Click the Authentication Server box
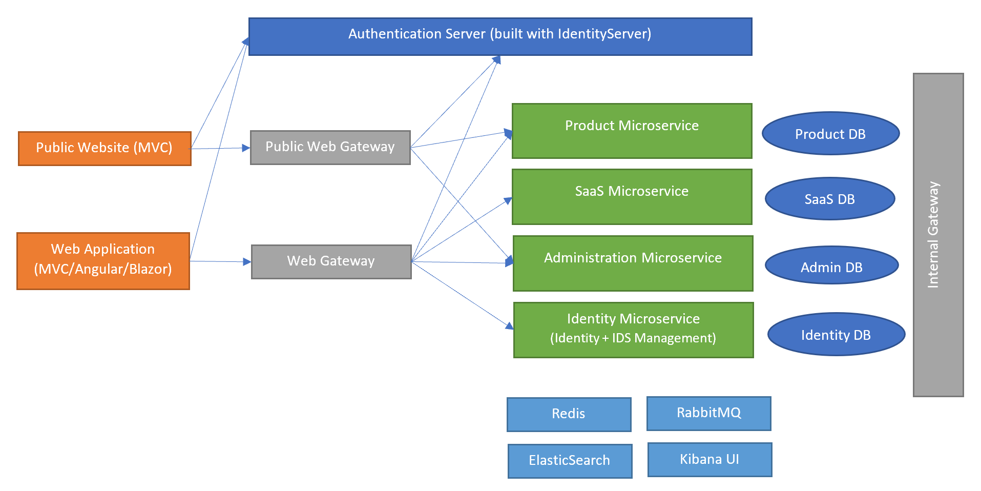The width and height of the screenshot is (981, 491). point(500,36)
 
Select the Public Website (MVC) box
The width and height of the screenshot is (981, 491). point(105,148)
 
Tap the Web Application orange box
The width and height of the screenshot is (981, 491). point(103,261)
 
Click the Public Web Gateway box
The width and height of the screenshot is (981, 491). point(330,147)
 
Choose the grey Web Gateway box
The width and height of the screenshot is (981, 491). point(331,261)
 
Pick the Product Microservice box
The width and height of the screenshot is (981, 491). point(632,131)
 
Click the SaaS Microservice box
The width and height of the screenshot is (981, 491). point(632,196)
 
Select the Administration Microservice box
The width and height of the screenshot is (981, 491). point(633,263)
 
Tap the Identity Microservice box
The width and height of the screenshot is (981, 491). point(633,330)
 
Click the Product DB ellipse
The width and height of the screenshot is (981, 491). point(830,133)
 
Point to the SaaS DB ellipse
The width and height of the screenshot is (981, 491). point(829,198)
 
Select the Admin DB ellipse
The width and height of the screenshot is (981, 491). point(831,265)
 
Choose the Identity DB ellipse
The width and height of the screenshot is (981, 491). point(836,334)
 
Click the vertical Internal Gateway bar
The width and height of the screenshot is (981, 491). point(937,235)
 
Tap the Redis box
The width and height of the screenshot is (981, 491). point(569,414)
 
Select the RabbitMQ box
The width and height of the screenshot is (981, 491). point(708,413)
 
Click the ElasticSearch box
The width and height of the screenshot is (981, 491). point(570,461)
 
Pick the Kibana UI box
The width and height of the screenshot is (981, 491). point(709,459)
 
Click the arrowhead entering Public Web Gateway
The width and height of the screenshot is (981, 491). point(246,148)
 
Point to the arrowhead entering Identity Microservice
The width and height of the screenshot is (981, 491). point(510,326)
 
